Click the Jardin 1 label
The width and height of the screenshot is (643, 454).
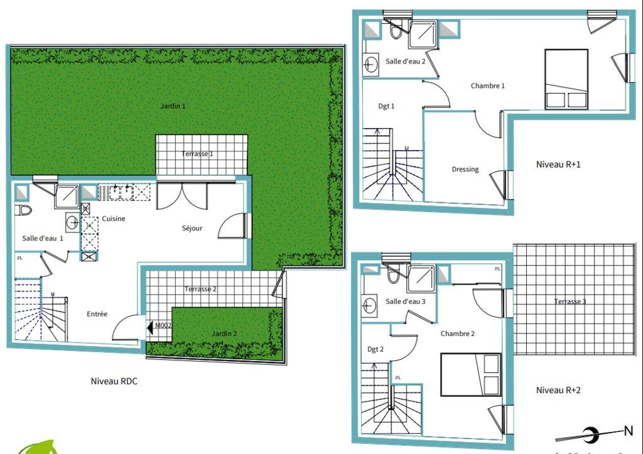(x=173, y=106)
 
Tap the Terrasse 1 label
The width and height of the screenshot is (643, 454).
(x=197, y=154)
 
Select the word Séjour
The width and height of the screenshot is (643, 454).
(x=192, y=228)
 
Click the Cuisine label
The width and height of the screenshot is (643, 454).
(x=114, y=219)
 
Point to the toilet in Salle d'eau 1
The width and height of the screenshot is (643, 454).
(x=23, y=210)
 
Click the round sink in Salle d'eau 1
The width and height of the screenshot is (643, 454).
(x=73, y=222)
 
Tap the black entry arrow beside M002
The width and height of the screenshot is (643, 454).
(x=150, y=327)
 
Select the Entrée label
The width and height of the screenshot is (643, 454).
(x=97, y=314)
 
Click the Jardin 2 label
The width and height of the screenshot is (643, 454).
(x=224, y=333)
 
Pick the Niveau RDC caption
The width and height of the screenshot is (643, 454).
(x=114, y=381)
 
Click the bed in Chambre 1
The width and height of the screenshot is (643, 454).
(x=566, y=79)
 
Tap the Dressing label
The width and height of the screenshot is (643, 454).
(x=465, y=169)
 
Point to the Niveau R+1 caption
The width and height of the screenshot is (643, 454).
(x=558, y=165)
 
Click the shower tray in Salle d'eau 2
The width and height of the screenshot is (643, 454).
(x=423, y=35)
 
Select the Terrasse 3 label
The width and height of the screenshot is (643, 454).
(x=570, y=301)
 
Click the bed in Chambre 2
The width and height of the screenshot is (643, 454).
(x=471, y=375)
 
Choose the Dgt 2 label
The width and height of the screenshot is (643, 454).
(x=376, y=349)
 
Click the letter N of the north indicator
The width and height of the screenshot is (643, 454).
(x=628, y=431)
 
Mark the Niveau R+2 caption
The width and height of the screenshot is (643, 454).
(x=558, y=390)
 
